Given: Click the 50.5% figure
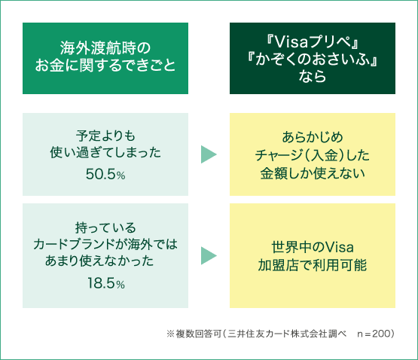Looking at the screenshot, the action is (x=105, y=175).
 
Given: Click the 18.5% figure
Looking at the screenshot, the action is (x=106, y=283).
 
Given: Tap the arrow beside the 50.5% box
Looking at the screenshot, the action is (x=209, y=154).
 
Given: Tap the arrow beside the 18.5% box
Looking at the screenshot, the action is (x=209, y=256).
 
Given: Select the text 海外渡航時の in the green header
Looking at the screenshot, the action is (x=105, y=48).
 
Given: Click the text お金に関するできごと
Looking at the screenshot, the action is (x=105, y=65).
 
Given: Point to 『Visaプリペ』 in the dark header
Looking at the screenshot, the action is (x=313, y=42).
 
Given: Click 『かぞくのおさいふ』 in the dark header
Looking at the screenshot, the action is (x=313, y=59).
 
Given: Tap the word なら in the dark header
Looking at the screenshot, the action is (x=313, y=76).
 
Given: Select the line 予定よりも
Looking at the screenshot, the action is (x=105, y=136).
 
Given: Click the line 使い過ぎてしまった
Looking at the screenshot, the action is (x=105, y=153).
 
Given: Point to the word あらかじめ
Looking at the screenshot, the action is (x=313, y=137).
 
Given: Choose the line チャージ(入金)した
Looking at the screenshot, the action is (x=313, y=155).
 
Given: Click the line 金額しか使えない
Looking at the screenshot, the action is (x=313, y=173).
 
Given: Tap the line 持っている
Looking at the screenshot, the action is (x=105, y=227).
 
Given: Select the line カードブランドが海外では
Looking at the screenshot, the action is (x=105, y=244).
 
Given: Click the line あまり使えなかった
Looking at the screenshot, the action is (x=99, y=261).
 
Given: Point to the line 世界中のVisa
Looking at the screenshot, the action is (x=313, y=247).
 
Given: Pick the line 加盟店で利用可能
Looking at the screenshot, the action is (x=313, y=265).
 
